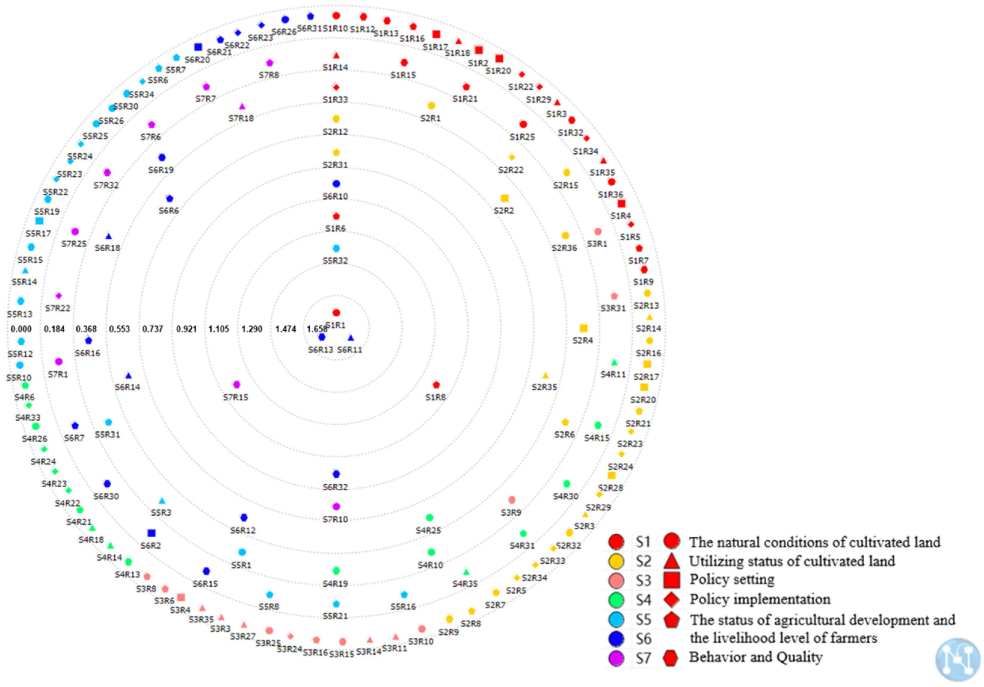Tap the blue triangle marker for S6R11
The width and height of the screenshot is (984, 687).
click(351, 338)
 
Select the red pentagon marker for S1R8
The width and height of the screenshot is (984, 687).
click(436, 385)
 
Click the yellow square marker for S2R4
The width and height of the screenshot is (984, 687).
click(583, 328)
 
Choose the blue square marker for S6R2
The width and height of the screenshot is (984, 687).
click(151, 533)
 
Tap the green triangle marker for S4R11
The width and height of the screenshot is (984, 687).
click(614, 363)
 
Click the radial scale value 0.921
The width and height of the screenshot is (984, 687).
click(186, 329)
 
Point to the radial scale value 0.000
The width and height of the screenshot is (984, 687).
click(21, 329)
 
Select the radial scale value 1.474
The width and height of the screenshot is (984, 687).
click(285, 329)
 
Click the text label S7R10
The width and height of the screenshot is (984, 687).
click(335, 520)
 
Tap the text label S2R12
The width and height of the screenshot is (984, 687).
click(335, 132)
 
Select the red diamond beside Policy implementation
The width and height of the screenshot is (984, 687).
click(672, 599)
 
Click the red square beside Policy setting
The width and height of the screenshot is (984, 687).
click(672, 579)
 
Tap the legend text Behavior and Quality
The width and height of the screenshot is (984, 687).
click(756, 657)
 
